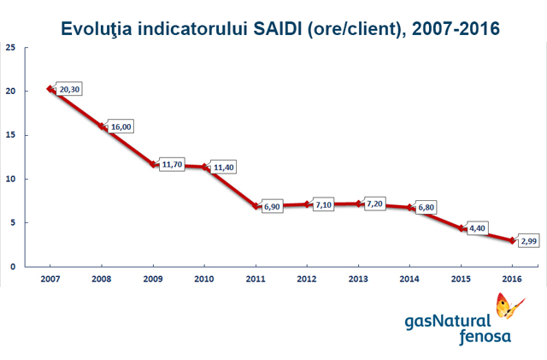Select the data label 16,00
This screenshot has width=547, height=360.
121,127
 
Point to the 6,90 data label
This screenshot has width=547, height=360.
274,208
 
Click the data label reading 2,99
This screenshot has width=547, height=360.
530,242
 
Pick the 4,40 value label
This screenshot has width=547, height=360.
479,230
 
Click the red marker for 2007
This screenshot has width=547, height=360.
50,89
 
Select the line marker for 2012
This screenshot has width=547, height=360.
307,204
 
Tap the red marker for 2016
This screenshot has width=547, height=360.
512,240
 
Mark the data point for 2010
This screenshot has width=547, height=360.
204,167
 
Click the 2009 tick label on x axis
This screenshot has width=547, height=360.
153,279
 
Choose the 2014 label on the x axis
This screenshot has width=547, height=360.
409,279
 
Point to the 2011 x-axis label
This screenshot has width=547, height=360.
256,279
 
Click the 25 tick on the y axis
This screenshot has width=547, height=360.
9,47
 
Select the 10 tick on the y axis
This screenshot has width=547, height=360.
9,179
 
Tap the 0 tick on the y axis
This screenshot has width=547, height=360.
12,267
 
